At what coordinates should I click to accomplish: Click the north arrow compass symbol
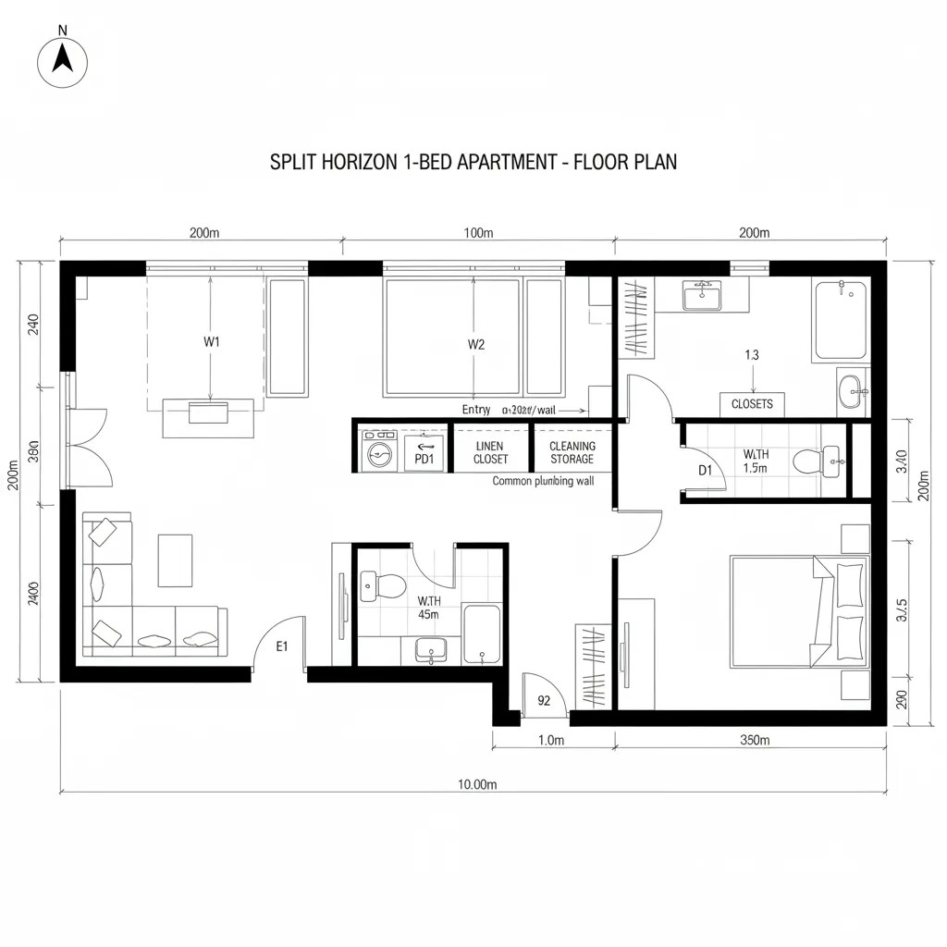[62, 62]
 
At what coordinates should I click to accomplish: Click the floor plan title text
[473, 162]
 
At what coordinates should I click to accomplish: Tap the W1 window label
[212, 342]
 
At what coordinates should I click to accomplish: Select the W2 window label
[476, 344]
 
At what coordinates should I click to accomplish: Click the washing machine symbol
[379, 452]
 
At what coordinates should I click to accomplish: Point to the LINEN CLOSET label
[490, 452]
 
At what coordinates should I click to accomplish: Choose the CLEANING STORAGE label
[572, 452]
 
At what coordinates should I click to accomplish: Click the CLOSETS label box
[752, 404]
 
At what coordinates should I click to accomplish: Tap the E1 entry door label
[283, 646]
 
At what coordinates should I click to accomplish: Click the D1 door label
[706, 471]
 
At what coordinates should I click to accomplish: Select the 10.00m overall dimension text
[477, 784]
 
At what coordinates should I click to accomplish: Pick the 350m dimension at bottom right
[756, 740]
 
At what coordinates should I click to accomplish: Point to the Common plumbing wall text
[543, 481]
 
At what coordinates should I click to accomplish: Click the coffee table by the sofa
[175, 560]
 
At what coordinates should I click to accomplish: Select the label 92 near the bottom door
[544, 700]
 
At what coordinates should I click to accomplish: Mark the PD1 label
[424, 458]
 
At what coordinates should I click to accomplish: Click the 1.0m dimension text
[551, 740]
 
